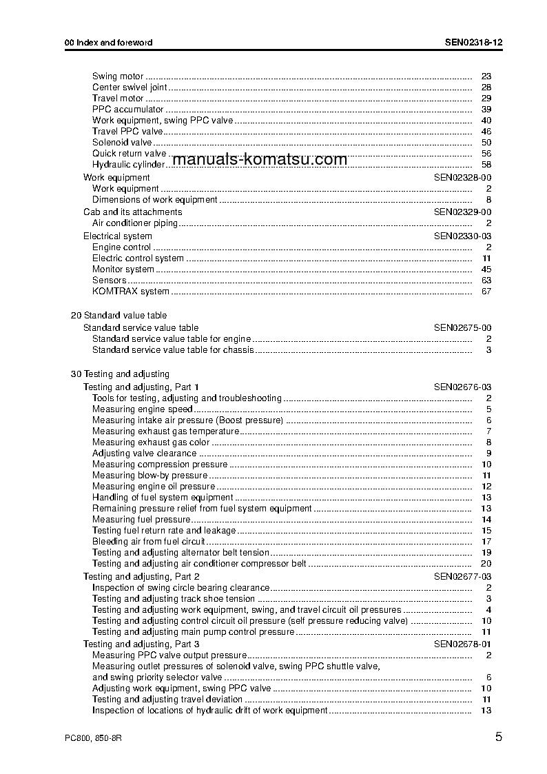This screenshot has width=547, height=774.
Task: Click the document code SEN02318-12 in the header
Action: point(473,43)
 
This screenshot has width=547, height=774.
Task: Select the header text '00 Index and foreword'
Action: point(108,43)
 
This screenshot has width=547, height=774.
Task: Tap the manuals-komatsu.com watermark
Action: point(260,160)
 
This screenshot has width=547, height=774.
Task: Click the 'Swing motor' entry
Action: point(118,77)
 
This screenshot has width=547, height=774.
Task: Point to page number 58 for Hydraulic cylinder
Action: point(486,165)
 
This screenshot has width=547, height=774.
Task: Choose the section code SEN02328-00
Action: point(462,178)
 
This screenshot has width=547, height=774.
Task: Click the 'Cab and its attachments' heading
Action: point(132,212)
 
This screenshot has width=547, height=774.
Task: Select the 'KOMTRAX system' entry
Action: point(130,292)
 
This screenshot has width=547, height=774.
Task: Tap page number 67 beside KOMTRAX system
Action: point(486,292)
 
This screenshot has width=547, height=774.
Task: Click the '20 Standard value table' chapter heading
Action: point(118,316)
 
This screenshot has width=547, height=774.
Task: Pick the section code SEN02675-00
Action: point(462,328)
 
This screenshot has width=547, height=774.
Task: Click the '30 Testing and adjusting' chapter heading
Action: point(120,374)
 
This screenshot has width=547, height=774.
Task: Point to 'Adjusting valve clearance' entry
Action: point(144,454)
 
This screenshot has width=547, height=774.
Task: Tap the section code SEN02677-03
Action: point(462,576)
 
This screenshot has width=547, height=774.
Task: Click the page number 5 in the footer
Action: point(498,737)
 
